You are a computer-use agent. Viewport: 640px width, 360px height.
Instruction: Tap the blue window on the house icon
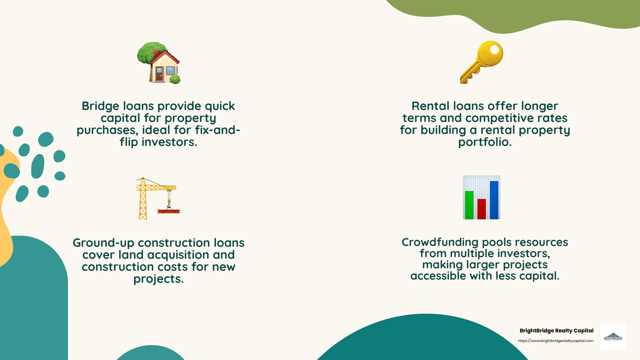pos(170,71)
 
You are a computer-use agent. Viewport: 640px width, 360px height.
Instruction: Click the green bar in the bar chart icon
pos(469,205)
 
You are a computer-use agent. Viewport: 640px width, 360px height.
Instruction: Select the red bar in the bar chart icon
pos(482,209)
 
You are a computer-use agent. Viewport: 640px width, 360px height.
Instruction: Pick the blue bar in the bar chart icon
pos(494,200)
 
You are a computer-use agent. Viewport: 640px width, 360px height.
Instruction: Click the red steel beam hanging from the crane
pos(169,211)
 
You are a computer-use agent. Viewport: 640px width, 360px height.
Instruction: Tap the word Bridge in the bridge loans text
pos(100,106)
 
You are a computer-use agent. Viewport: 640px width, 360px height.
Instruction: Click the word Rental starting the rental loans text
pos(430,106)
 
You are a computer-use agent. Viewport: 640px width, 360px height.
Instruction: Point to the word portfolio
pos(485,142)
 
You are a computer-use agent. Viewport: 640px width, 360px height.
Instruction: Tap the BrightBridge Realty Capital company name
pos(556,330)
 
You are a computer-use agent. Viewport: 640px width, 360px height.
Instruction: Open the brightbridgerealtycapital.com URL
pos(556,341)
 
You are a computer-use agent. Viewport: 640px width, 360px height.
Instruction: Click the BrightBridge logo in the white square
pos(613,337)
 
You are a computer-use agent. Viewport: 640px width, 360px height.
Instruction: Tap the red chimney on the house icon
pos(156,53)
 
